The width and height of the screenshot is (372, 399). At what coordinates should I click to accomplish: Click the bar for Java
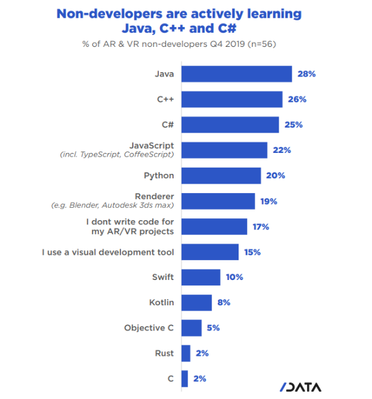click(x=237, y=74)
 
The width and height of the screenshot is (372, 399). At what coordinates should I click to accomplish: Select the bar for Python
click(x=221, y=176)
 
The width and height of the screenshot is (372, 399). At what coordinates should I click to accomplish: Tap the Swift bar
click(x=201, y=278)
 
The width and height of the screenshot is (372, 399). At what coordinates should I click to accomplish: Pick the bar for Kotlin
click(x=197, y=303)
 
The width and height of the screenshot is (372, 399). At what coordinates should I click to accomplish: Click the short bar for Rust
click(x=186, y=353)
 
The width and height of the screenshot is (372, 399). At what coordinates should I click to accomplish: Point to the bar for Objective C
click(x=192, y=328)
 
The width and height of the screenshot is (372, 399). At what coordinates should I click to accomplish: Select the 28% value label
click(x=307, y=74)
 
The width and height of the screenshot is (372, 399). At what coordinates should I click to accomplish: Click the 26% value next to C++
click(x=297, y=99)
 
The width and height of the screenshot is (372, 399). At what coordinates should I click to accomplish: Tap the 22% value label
click(x=282, y=150)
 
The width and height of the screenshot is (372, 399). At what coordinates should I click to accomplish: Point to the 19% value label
click(x=269, y=201)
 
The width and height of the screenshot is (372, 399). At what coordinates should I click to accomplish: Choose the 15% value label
click(x=253, y=252)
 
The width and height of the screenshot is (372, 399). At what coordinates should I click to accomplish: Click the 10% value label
click(x=234, y=278)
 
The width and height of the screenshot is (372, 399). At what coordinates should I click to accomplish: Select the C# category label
click(x=167, y=125)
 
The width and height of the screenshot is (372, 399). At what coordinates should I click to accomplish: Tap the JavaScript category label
click(x=151, y=145)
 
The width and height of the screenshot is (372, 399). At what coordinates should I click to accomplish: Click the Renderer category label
click(x=154, y=196)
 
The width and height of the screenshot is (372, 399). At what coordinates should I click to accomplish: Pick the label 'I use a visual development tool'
click(x=108, y=252)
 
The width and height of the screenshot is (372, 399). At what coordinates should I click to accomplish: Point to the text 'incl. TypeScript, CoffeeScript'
click(x=117, y=155)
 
